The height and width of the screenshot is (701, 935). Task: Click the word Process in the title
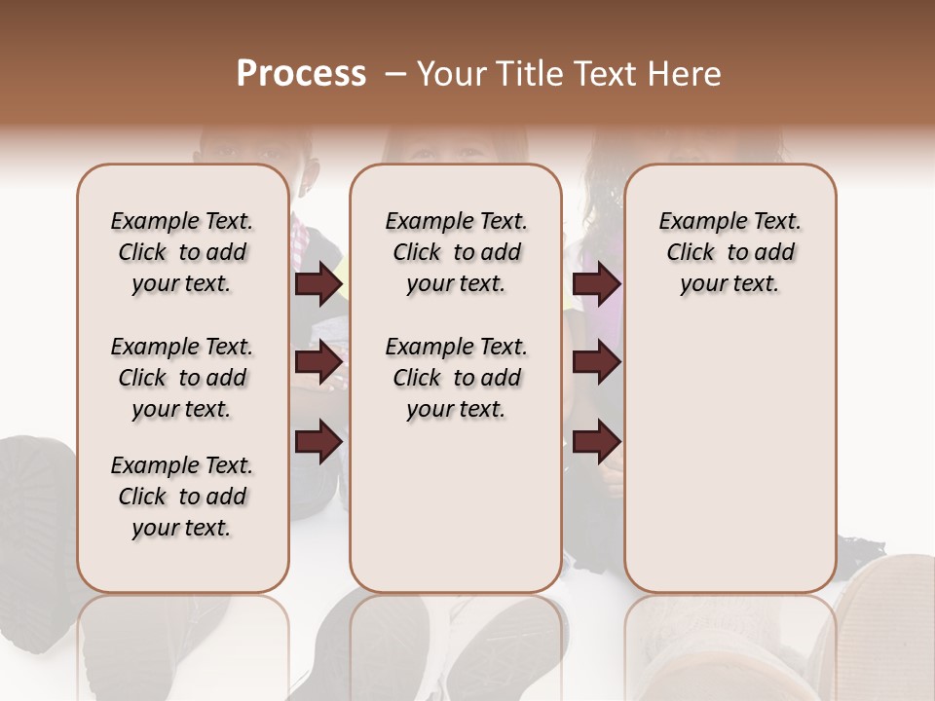tap(301, 73)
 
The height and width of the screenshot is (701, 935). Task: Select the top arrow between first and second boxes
tap(318, 284)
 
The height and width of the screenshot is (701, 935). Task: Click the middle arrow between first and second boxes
tap(318, 363)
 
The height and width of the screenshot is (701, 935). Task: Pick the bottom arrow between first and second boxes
tap(318, 442)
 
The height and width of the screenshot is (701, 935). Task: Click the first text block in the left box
tap(181, 252)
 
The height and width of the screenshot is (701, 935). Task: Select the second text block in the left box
tap(181, 378)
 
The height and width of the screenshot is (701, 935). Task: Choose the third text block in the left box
tap(181, 497)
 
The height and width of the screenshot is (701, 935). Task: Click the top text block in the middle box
tap(456, 252)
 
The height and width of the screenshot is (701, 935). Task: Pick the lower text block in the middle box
tap(456, 378)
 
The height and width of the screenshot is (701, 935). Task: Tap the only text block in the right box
tap(729, 252)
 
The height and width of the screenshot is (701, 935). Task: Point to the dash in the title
tap(395, 73)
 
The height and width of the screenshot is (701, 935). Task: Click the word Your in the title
tap(454, 73)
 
